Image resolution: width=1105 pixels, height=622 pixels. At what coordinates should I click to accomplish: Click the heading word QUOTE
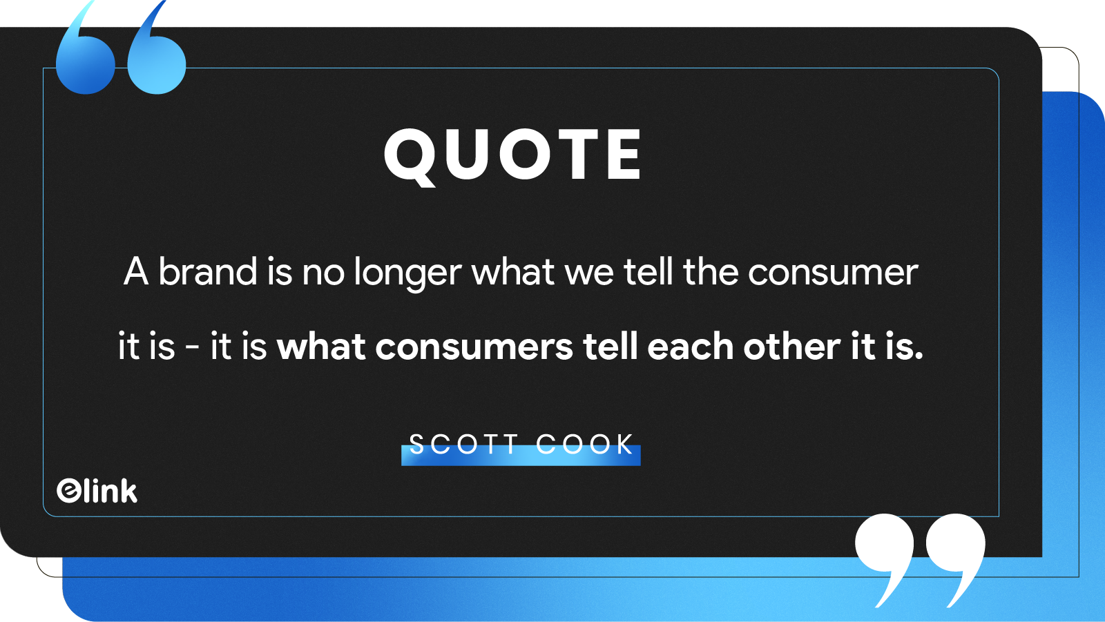(x=512, y=155)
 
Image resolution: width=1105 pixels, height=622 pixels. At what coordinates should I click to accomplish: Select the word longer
(x=408, y=274)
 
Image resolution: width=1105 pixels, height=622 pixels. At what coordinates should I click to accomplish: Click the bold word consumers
(x=474, y=348)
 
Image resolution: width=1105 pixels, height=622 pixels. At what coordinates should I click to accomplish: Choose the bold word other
(x=791, y=347)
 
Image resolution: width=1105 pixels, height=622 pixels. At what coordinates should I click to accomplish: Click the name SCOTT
(x=463, y=444)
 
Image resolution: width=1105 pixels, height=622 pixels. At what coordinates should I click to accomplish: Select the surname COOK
(x=584, y=444)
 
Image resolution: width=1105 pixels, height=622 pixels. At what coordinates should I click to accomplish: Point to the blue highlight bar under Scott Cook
(x=521, y=455)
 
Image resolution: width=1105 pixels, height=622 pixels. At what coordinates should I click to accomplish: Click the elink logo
(x=97, y=491)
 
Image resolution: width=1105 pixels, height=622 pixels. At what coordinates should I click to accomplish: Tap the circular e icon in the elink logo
(x=68, y=491)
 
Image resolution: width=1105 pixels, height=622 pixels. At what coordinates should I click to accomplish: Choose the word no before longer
(x=323, y=275)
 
